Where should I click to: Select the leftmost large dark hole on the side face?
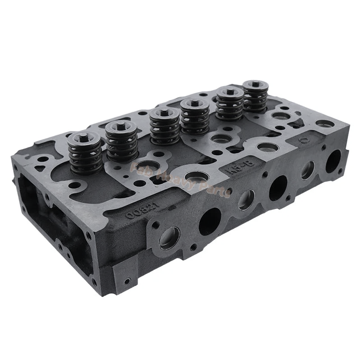tap(210, 222)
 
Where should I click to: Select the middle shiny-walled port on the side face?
tap(246, 199)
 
